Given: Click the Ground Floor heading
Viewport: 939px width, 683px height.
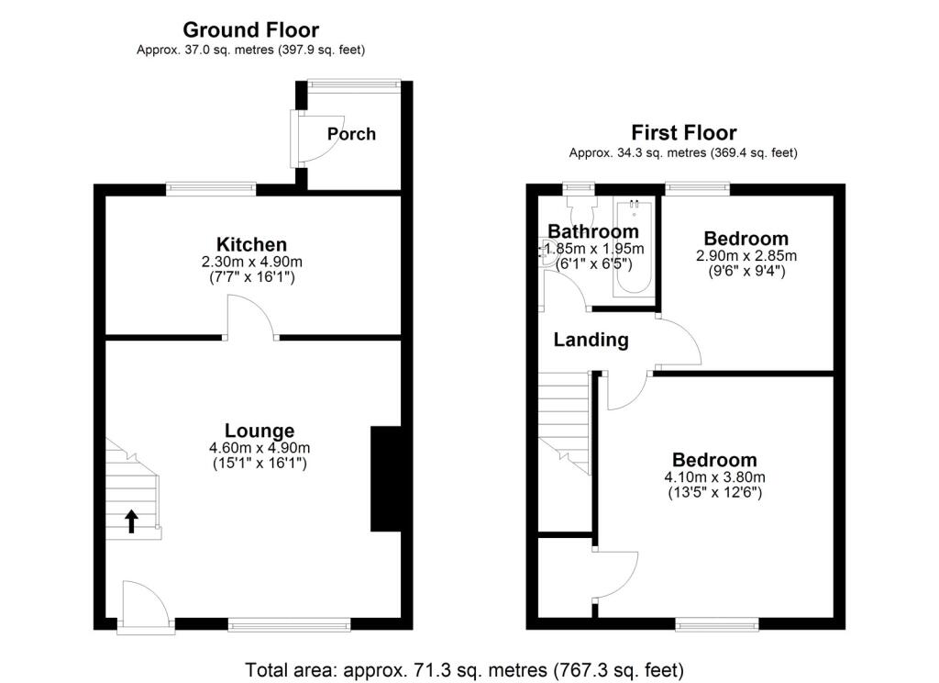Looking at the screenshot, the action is click(x=250, y=29).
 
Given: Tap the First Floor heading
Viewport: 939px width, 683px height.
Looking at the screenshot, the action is click(x=684, y=132).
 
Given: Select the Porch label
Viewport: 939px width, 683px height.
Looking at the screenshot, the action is click(x=351, y=134).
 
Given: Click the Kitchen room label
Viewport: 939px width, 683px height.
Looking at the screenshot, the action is click(x=251, y=245).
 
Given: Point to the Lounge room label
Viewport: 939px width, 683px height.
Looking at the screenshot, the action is click(x=260, y=431).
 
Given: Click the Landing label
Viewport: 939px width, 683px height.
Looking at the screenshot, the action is click(x=591, y=340).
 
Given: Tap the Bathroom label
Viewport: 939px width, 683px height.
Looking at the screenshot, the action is click(x=593, y=230).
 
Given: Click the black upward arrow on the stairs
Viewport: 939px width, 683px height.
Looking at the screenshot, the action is click(x=132, y=521).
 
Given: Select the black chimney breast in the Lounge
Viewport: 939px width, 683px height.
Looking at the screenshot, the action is click(x=386, y=478).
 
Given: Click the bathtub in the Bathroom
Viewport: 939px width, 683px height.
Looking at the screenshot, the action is click(x=634, y=248).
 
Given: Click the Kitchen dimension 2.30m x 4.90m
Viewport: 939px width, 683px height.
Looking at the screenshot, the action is click(x=252, y=262).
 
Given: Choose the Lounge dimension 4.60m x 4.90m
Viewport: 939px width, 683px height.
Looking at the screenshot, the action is click(x=260, y=448).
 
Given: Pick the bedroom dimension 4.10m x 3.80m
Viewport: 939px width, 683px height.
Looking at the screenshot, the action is click(x=714, y=477).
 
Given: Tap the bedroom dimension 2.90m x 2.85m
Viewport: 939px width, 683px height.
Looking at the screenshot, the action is click(x=746, y=255).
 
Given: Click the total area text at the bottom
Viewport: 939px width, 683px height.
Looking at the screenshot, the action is click(x=464, y=669).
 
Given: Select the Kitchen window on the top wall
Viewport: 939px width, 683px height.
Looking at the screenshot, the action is click(x=211, y=189).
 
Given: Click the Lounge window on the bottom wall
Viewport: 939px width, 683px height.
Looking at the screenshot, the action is click(x=289, y=624).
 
